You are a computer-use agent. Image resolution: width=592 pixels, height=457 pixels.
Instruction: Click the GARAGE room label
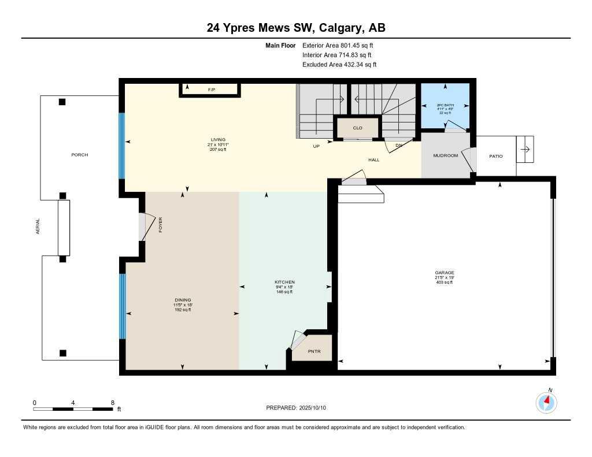pos(445,273)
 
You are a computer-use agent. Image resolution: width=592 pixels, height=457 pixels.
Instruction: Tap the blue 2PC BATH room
pos(445,107)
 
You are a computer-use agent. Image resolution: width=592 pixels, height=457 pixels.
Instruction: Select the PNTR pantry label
pos(314,351)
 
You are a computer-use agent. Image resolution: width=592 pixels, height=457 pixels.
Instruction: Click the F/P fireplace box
pos(211,90)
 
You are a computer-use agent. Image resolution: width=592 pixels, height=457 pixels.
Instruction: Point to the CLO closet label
pos(357,128)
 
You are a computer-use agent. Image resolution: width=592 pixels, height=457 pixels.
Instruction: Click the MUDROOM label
pos(446,155)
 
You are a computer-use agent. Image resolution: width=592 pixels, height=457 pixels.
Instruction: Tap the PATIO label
pos(495,156)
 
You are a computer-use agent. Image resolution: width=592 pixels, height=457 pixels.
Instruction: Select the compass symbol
pos(546,402)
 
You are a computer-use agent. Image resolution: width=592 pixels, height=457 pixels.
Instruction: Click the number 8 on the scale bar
pos(112,402)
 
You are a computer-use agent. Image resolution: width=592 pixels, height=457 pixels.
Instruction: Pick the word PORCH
pos(80,155)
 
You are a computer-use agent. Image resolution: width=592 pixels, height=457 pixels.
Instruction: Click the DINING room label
pos(183,299)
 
